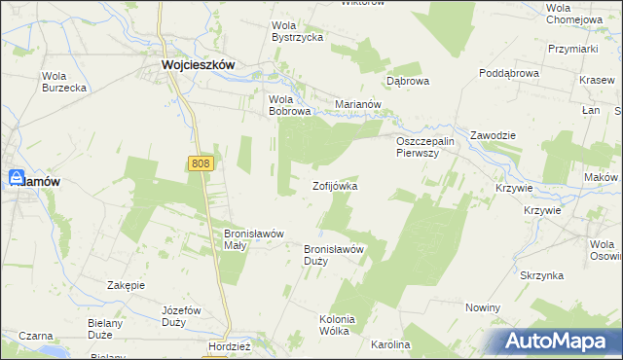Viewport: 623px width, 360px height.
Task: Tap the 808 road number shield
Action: (x=201, y=166)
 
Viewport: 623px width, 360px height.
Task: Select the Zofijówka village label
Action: (x=335, y=185)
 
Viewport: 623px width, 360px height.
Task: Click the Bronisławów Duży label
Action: (x=334, y=255)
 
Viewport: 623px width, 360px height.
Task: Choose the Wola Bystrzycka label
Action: (x=297, y=31)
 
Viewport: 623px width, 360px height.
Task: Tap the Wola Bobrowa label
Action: (x=289, y=105)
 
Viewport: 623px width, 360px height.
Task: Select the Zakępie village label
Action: (x=126, y=285)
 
